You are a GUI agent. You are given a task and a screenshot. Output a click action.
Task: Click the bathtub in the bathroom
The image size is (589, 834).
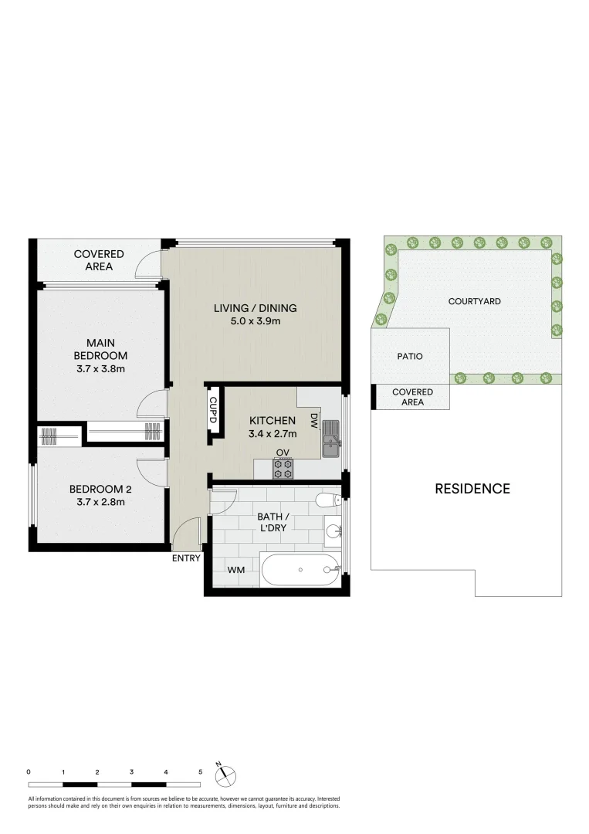[x=300, y=571]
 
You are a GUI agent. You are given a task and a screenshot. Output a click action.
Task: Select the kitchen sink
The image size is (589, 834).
[x=331, y=435]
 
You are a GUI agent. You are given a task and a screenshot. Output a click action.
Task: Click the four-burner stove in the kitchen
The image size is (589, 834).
[x=283, y=467]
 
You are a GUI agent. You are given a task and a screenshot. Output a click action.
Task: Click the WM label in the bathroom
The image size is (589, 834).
[x=235, y=571]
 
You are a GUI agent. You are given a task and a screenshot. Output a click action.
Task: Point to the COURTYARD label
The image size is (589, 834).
[x=474, y=301]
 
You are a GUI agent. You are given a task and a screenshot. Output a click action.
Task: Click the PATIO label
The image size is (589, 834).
[x=409, y=357]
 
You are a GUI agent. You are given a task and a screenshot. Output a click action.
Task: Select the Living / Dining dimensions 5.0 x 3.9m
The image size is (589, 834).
[x=255, y=321]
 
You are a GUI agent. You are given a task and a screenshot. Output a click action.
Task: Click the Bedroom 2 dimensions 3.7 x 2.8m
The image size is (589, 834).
[x=96, y=502]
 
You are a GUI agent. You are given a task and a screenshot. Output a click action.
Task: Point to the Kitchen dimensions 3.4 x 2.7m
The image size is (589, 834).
[x=272, y=434]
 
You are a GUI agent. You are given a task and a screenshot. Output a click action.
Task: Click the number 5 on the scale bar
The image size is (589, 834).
[x=201, y=771]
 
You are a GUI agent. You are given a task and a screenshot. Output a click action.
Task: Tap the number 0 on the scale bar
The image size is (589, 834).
[x=28, y=771]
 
